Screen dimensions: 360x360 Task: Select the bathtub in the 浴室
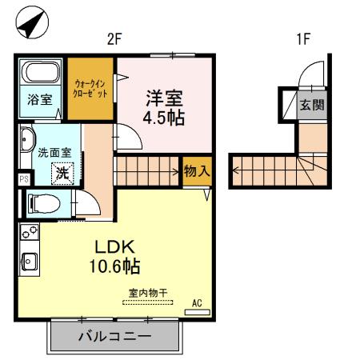(39, 73)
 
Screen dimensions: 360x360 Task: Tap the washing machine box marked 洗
(61, 170)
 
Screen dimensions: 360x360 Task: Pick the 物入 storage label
(197, 170)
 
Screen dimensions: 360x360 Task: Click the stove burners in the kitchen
(28, 234)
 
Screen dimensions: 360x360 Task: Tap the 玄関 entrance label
(309, 104)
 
